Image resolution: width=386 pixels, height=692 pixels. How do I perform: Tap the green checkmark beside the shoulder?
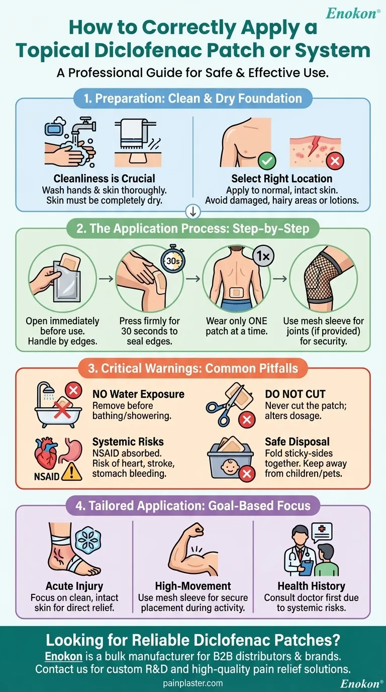pos(267,160)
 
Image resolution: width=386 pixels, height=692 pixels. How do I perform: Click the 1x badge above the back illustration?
pos(263,256)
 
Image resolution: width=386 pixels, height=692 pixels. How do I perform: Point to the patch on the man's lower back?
pos(237,292)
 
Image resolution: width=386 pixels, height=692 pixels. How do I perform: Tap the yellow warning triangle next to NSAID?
pos(72,472)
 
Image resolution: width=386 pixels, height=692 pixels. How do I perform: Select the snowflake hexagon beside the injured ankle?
pos(88,540)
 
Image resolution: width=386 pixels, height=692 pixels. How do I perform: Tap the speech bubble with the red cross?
pos(322,533)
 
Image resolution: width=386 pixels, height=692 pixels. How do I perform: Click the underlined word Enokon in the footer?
pos(64,656)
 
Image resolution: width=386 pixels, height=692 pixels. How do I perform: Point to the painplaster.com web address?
pos(193,683)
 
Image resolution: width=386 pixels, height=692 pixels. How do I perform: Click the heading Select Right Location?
pos(281,179)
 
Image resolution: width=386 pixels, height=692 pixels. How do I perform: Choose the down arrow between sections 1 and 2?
pos(193,212)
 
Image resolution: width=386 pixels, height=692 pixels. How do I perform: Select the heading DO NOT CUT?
pos(295,394)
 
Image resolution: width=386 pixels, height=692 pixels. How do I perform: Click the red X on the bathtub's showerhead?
pos(73,390)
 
